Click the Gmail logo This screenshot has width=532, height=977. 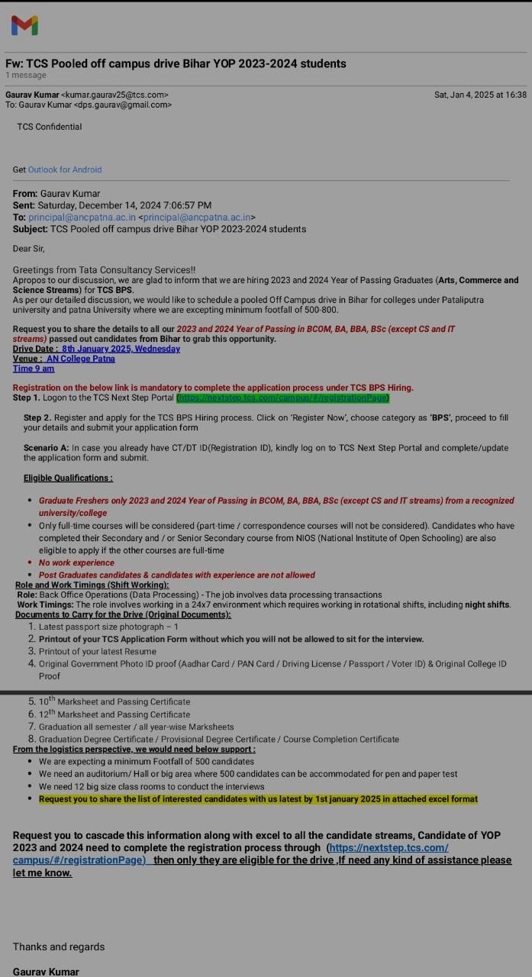pos(24,25)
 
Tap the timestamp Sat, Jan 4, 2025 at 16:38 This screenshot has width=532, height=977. pos(480,95)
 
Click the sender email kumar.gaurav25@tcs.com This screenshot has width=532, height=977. pos(114,95)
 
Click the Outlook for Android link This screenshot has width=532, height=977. pos(65,169)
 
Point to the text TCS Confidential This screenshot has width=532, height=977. pos(50,127)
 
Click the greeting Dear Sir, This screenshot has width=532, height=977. pos(29,248)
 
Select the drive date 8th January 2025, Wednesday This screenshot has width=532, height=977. pos(121,349)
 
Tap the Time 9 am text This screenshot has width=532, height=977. pos(34,369)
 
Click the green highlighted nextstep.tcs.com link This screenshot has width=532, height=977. pos(282,398)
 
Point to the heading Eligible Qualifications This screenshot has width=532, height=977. pos(68,478)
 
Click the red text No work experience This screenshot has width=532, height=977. pos(76,563)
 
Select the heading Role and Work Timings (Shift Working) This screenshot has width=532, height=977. pos(92,585)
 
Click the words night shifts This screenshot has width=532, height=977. pos(487,605)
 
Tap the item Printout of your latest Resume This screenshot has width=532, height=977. pos(98,651)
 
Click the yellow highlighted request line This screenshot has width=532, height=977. pos(258,798)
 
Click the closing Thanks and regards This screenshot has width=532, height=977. pos(59,946)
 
